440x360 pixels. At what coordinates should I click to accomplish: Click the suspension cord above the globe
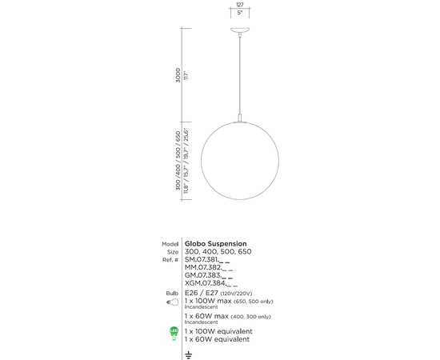pyautogui.click(x=241, y=76)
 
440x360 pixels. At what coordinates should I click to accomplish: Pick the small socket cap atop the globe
pyautogui.click(x=241, y=119)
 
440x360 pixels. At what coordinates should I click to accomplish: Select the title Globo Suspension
pyautogui.click(x=215, y=243)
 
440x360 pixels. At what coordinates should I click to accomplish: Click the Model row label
pyautogui.click(x=169, y=243)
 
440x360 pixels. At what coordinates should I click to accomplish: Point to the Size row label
pyautogui.click(x=171, y=251)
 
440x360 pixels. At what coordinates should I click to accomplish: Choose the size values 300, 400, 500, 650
pyautogui.click(x=218, y=251)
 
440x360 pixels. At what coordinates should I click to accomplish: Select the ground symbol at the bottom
pyautogui.click(x=189, y=353)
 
